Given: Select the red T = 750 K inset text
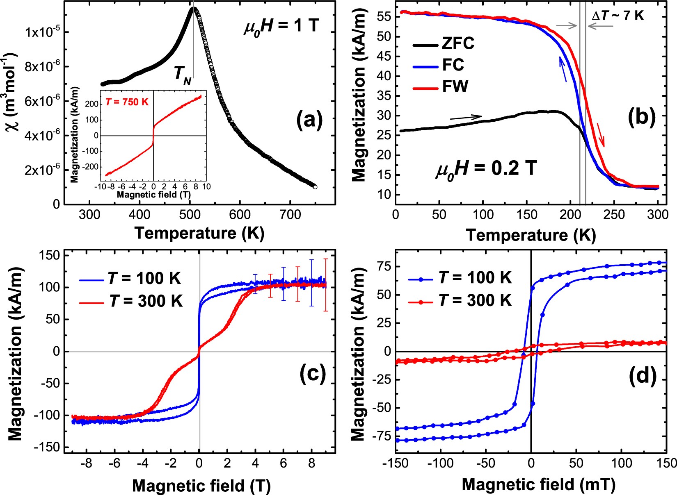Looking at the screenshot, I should click(x=127, y=102).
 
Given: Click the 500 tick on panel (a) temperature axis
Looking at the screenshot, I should click(x=190, y=214).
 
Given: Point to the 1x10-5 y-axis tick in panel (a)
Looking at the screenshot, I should click(x=41, y=32).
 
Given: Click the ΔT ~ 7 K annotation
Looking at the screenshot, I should click(x=618, y=16).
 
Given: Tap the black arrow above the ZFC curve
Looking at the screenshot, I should click(x=466, y=118).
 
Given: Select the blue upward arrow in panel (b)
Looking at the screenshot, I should click(x=563, y=69).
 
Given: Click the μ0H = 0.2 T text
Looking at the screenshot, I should click(x=486, y=168).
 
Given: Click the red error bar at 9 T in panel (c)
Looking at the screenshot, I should click(x=326, y=285).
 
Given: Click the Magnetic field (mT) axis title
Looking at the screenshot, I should click(x=539, y=485).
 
